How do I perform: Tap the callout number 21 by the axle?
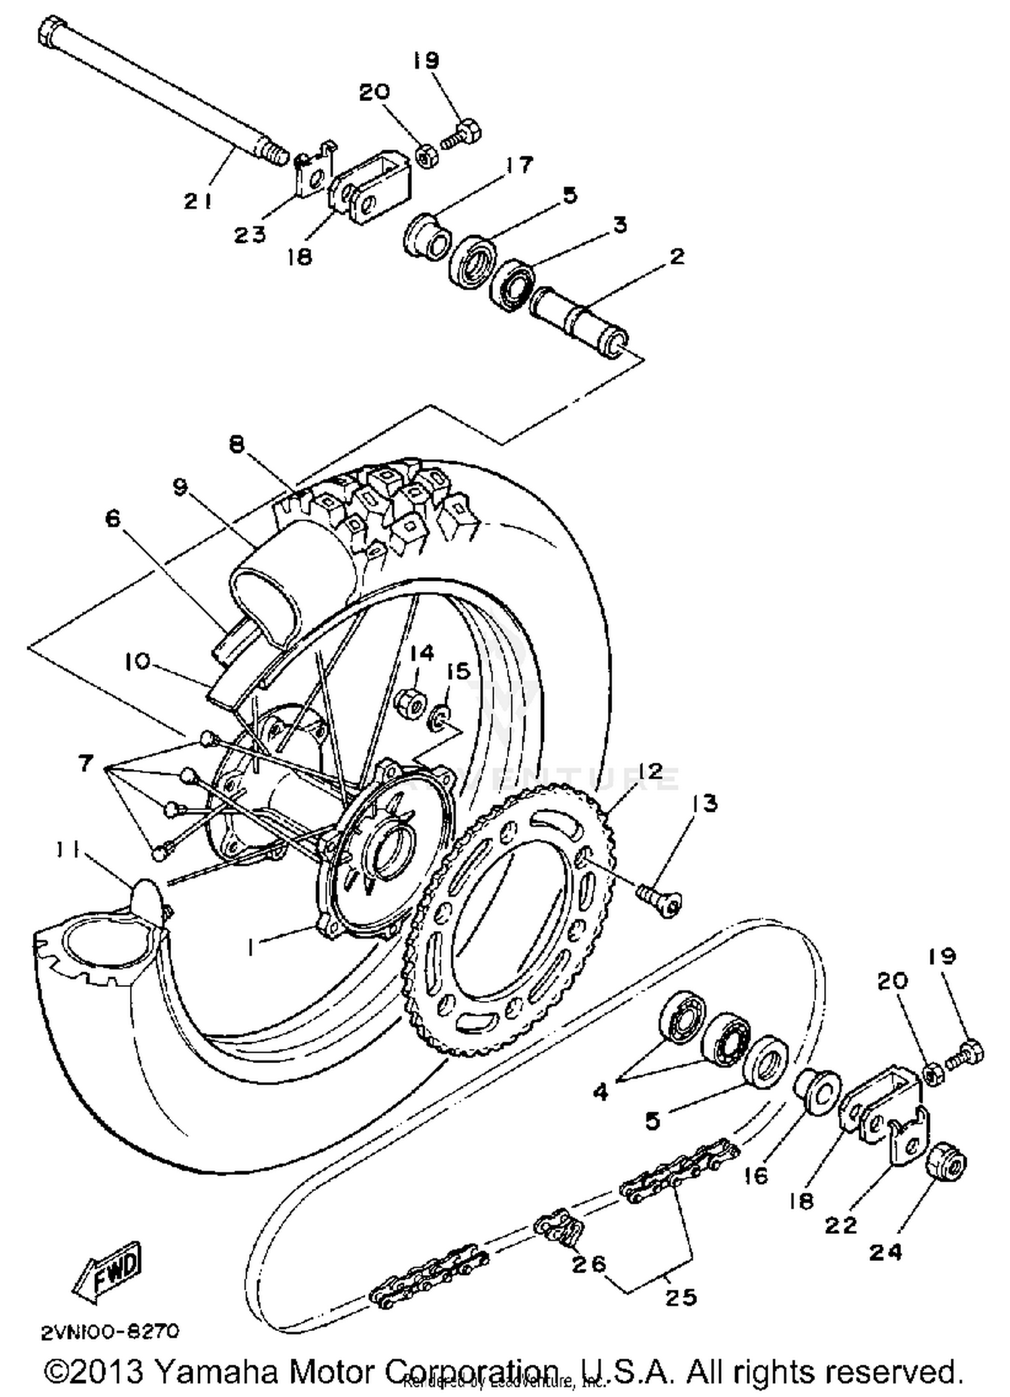[198, 201]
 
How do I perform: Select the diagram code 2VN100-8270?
[110, 1332]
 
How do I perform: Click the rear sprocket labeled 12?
[512, 922]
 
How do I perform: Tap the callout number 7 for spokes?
[86, 764]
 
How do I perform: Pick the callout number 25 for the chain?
[680, 1297]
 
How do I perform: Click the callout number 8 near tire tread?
[237, 445]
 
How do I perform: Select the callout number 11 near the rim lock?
[66, 852]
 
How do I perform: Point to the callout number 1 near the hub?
[250, 948]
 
